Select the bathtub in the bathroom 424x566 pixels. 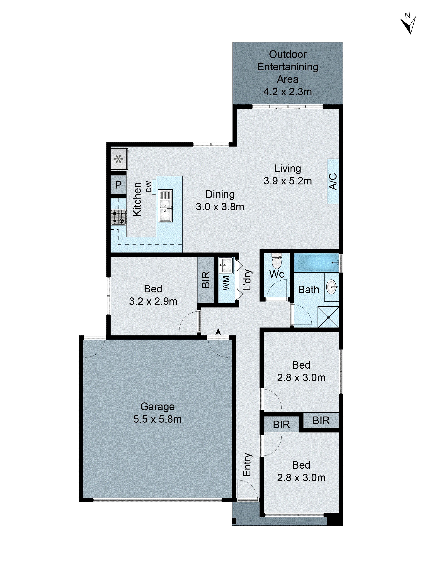[316, 262]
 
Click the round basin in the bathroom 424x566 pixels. [332, 287]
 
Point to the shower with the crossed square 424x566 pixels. [328, 317]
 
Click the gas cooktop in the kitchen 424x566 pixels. [118, 217]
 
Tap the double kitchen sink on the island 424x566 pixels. [165, 206]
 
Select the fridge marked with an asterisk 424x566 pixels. [119, 159]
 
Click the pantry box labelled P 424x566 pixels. [118, 185]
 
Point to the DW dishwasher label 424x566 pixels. [148, 186]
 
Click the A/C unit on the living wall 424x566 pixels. [333, 181]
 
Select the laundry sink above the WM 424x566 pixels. [226, 265]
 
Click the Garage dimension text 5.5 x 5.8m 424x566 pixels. [157, 419]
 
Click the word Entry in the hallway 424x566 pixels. [247, 465]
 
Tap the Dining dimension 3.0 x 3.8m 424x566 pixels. [220, 207]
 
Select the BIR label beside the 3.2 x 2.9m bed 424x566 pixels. [206, 280]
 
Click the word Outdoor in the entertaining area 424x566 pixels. [288, 54]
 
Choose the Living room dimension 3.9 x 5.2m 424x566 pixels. [288, 181]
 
